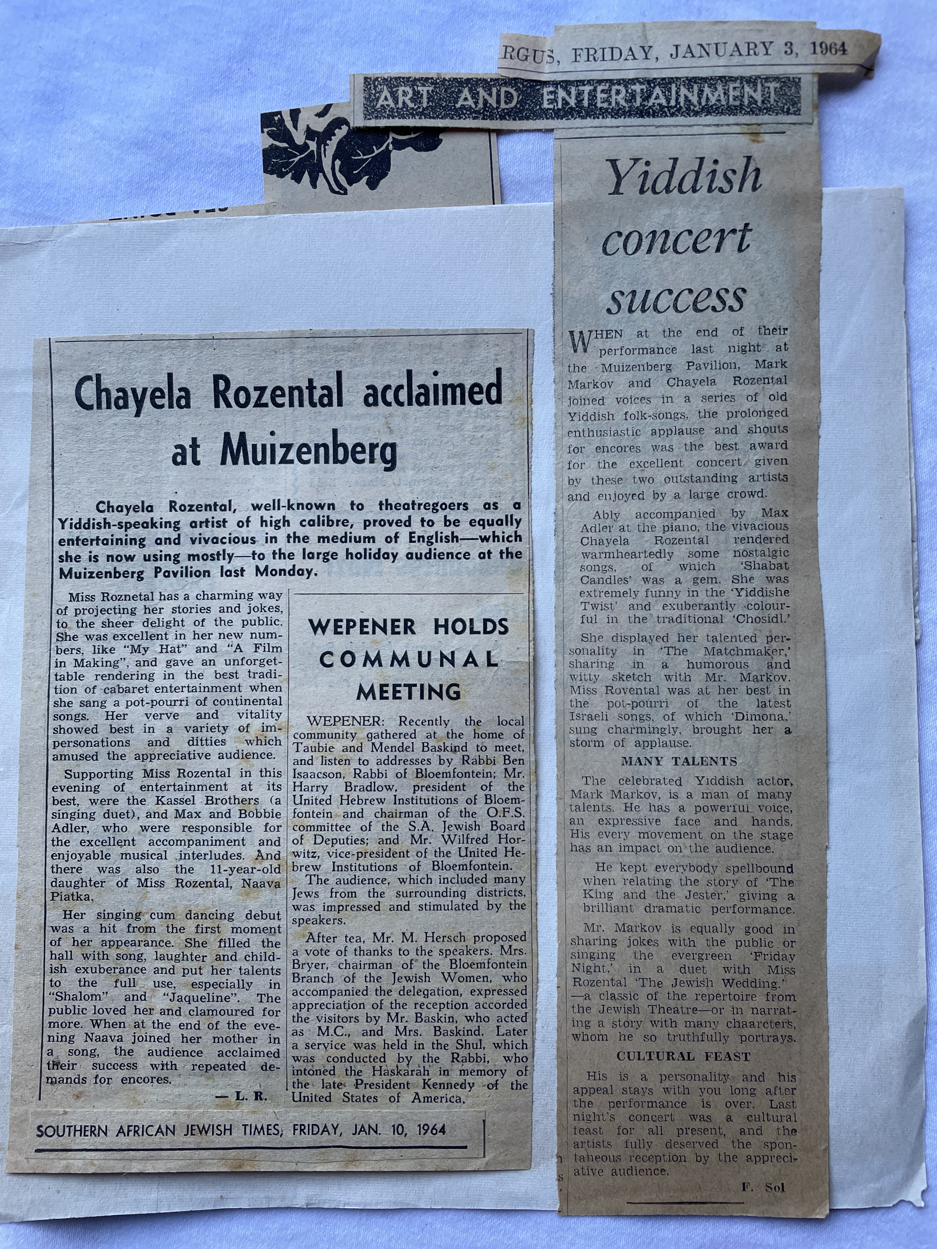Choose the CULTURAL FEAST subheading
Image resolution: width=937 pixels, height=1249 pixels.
(x=683, y=1056)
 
